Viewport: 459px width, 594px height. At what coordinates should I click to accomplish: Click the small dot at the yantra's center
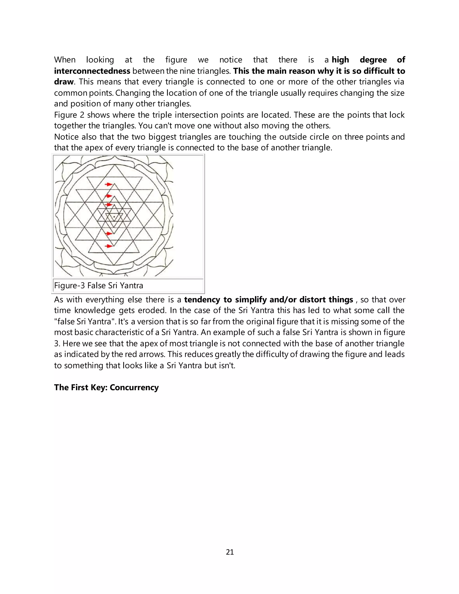coord(114,217)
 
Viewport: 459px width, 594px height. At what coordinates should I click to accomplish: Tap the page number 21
coord(230,552)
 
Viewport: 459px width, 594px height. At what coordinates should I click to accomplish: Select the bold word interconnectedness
coord(92,71)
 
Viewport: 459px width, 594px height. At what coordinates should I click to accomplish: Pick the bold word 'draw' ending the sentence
coord(64,82)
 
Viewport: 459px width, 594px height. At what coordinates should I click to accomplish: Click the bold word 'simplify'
coord(251,299)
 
